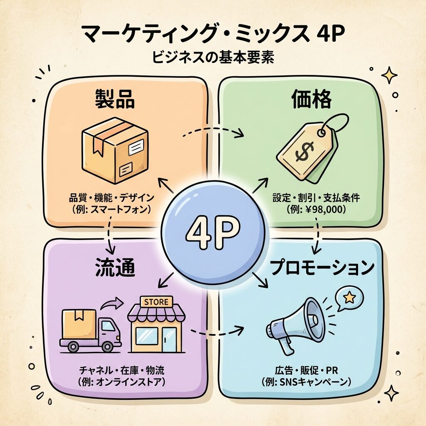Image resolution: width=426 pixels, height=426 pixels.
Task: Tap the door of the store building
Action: click(169, 339)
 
